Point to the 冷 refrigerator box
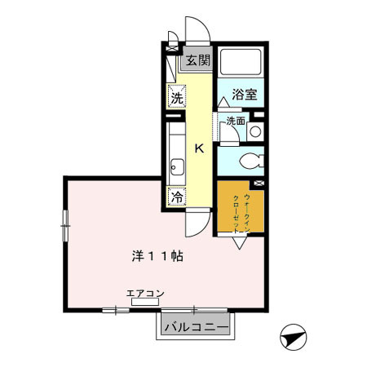[x=177, y=196]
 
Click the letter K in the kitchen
[x=198, y=148]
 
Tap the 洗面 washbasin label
[x=235, y=122]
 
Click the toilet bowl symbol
[x=249, y=159]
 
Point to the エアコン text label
[x=144, y=292]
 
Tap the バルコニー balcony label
[x=193, y=327]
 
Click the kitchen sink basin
[x=177, y=170]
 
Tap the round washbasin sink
[x=255, y=130]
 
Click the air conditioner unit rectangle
[x=145, y=301]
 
